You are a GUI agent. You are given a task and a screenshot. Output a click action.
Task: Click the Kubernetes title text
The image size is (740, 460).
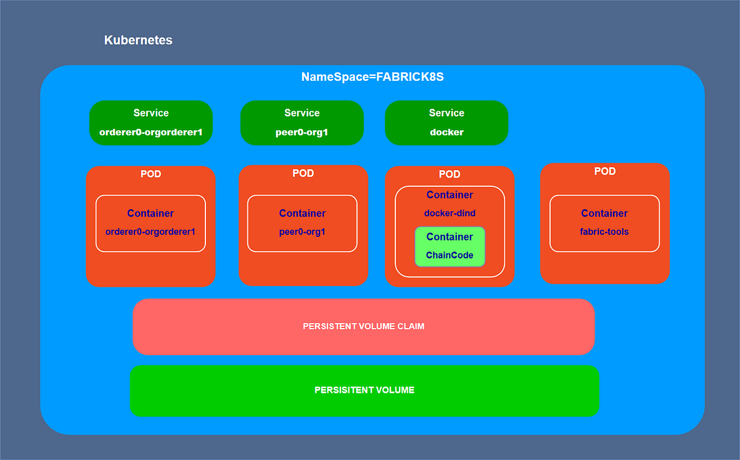[138, 41]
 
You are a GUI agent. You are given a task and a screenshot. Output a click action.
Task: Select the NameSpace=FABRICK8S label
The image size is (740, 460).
[372, 77]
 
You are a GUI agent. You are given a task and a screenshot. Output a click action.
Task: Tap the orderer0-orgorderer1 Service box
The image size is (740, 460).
[151, 123]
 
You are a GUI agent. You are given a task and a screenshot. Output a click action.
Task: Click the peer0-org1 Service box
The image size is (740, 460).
[302, 123]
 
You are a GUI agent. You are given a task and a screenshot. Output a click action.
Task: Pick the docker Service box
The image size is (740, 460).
[446, 123]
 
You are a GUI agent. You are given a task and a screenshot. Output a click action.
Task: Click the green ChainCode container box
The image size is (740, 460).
[450, 247]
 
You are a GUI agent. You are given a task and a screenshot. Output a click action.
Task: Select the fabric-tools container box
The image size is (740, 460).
[604, 223]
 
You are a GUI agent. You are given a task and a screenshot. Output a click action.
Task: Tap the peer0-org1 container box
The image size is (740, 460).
[302, 223]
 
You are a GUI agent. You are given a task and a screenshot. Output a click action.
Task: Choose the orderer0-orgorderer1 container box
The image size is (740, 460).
[150, 223]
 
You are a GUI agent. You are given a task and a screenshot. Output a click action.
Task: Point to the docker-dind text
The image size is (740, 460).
[450, 213]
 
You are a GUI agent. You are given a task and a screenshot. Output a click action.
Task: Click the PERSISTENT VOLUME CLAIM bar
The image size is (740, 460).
[363, 326]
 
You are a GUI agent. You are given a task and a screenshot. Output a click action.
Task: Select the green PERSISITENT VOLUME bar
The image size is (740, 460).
[364, 390]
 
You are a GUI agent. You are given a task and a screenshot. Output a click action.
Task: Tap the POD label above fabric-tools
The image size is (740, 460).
[604, 171]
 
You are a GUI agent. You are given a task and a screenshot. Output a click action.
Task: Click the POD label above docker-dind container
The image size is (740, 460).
[450, 175]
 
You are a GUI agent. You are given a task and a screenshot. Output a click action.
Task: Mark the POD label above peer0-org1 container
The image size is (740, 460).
[303, 173]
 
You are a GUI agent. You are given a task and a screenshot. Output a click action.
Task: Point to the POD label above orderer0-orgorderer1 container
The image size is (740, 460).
[150, 174]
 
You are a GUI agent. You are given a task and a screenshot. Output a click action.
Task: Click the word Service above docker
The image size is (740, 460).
[446, 113]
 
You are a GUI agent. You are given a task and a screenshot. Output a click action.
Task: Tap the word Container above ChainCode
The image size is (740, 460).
[450, 237]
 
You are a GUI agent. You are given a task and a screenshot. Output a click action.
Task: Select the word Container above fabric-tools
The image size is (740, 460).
[604, 213]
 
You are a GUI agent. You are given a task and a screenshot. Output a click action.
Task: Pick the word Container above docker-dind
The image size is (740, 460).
[450, 195]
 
